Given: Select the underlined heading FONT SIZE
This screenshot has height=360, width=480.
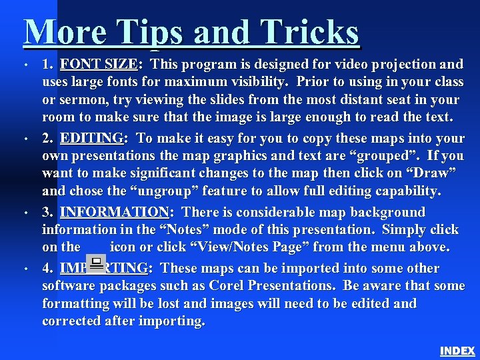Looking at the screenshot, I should tap(98, 65).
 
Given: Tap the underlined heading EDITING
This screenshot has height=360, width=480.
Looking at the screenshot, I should tap(91, 139).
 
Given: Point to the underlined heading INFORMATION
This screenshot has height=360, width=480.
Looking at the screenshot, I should tap(114, 213).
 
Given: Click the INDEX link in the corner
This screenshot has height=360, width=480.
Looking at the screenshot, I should tap(457, 351).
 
